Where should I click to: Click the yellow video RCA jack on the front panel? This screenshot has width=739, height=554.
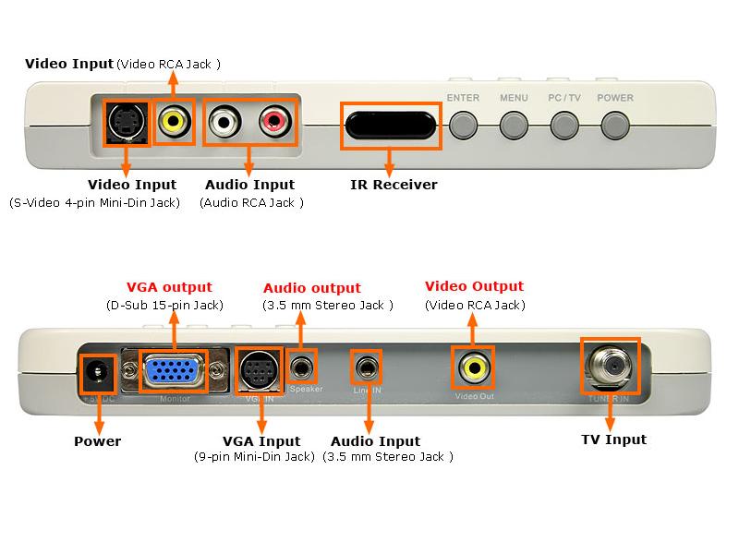pos(173,121)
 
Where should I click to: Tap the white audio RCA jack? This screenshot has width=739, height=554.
pos(224,121)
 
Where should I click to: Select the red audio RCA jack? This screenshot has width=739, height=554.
pos(274,121)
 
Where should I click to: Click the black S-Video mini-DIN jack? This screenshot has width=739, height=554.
pos(124,121)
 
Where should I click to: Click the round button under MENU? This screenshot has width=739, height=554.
pos(513,125)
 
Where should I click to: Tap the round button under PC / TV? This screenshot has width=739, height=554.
pos(563,125)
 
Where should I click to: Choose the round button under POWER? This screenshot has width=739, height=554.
pos(614,125)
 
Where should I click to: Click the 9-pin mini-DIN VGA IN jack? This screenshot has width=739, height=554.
pos(255,370)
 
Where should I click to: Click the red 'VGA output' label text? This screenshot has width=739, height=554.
pos(169,287)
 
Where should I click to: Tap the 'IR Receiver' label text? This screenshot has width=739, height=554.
pos(394,185)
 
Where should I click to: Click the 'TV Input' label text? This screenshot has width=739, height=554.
pos(613,440)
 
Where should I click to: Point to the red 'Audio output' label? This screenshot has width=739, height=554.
pos(312,288)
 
